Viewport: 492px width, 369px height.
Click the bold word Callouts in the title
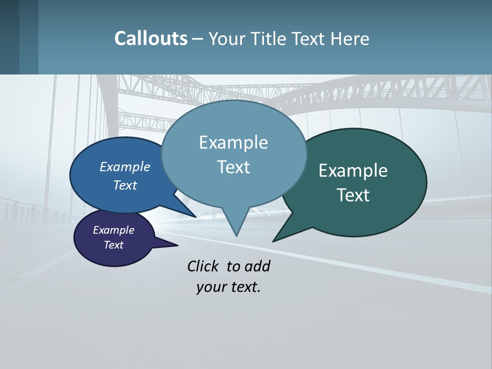(151, 38)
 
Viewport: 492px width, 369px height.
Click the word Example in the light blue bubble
(233, 142)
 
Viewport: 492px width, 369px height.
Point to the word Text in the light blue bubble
(233, 167)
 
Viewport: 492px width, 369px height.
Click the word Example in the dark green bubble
(353, 171)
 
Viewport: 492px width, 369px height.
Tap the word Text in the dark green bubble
(353, 195)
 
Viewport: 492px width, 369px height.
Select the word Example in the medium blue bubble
(125, 167)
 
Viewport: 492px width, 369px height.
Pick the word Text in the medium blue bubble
(125, 185)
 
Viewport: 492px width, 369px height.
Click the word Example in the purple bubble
(113, 230)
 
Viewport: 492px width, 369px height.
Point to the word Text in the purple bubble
(113, 245)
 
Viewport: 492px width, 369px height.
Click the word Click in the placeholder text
(204, 266)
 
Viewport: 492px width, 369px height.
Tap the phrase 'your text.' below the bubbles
(229, 287)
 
